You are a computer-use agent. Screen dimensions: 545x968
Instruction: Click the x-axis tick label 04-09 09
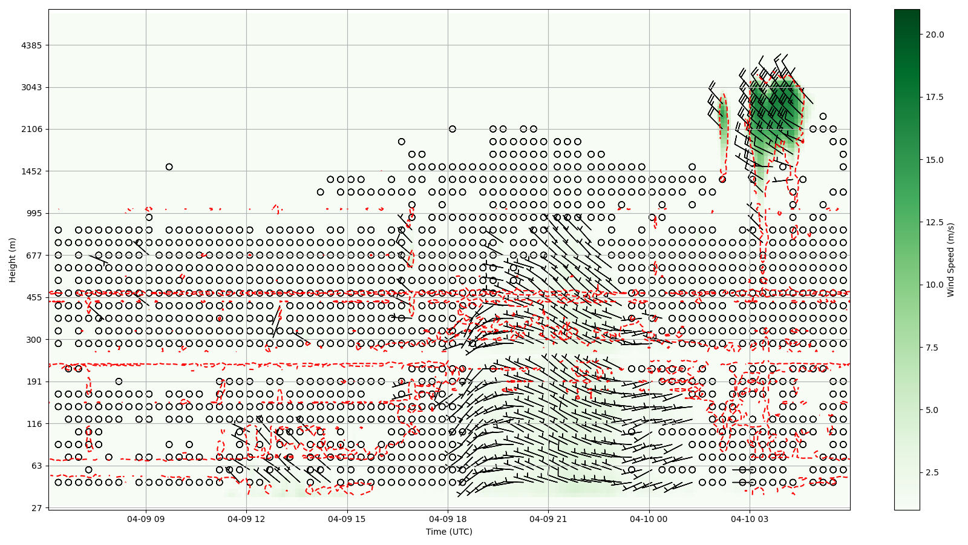(x=146, y=519)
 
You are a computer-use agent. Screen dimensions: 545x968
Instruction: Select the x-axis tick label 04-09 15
(x=347, y=519)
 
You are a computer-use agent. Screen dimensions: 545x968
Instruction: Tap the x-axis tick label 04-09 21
(x=549, y=519)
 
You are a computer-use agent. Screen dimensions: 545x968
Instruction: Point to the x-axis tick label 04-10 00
(x=649, y=519)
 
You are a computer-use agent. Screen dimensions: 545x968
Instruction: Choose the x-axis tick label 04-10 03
(x=750, y=519)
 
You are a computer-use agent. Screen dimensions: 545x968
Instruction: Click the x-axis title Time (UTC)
(x=449, y=532)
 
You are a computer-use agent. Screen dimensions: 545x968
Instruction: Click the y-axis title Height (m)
(x=13, y=259)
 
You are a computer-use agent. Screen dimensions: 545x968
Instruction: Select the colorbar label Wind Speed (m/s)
(x=950, y=259)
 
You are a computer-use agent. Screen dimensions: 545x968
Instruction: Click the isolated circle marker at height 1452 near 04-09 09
(x=169, y=167)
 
